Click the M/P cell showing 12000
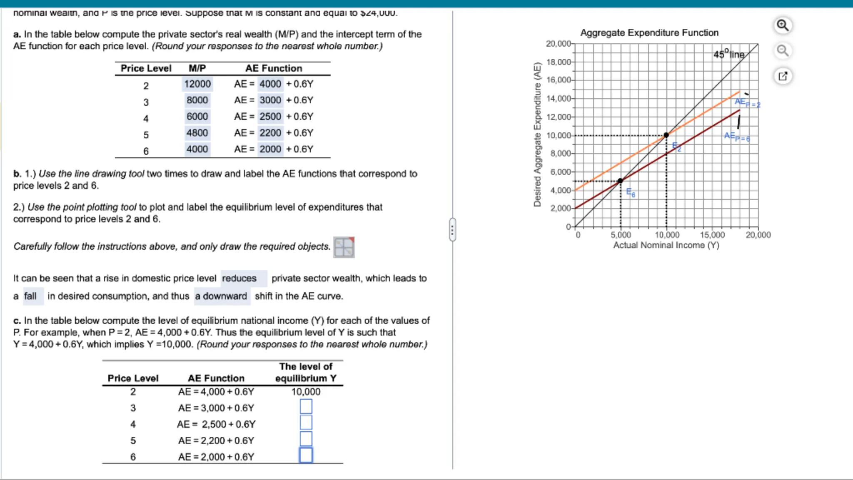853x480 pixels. (197, 84)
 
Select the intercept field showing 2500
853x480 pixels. (270, 117)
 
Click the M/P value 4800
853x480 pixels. (197, 133)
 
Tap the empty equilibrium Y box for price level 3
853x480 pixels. (306, 406)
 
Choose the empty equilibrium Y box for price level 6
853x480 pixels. (306, 455)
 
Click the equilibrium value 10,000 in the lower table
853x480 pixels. (306, 392)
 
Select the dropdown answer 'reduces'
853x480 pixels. (240, 278)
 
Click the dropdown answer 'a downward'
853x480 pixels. (221, 296)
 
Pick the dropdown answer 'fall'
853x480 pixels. (30, 296)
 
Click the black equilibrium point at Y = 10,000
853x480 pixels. (666, 135)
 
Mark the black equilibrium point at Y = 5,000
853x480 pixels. (620, 181)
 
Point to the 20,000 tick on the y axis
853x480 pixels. (559, 44)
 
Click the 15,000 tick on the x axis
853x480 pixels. (712, 235)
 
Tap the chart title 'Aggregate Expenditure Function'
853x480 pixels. (649, 32)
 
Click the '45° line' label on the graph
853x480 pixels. (728, 55)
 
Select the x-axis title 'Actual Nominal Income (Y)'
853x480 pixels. (666, 245)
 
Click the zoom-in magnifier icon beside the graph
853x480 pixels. (783, 25)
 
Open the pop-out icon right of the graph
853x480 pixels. (783, 76)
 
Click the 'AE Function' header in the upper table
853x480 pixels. (274, 68)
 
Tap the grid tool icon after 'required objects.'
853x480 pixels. (344, 247)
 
